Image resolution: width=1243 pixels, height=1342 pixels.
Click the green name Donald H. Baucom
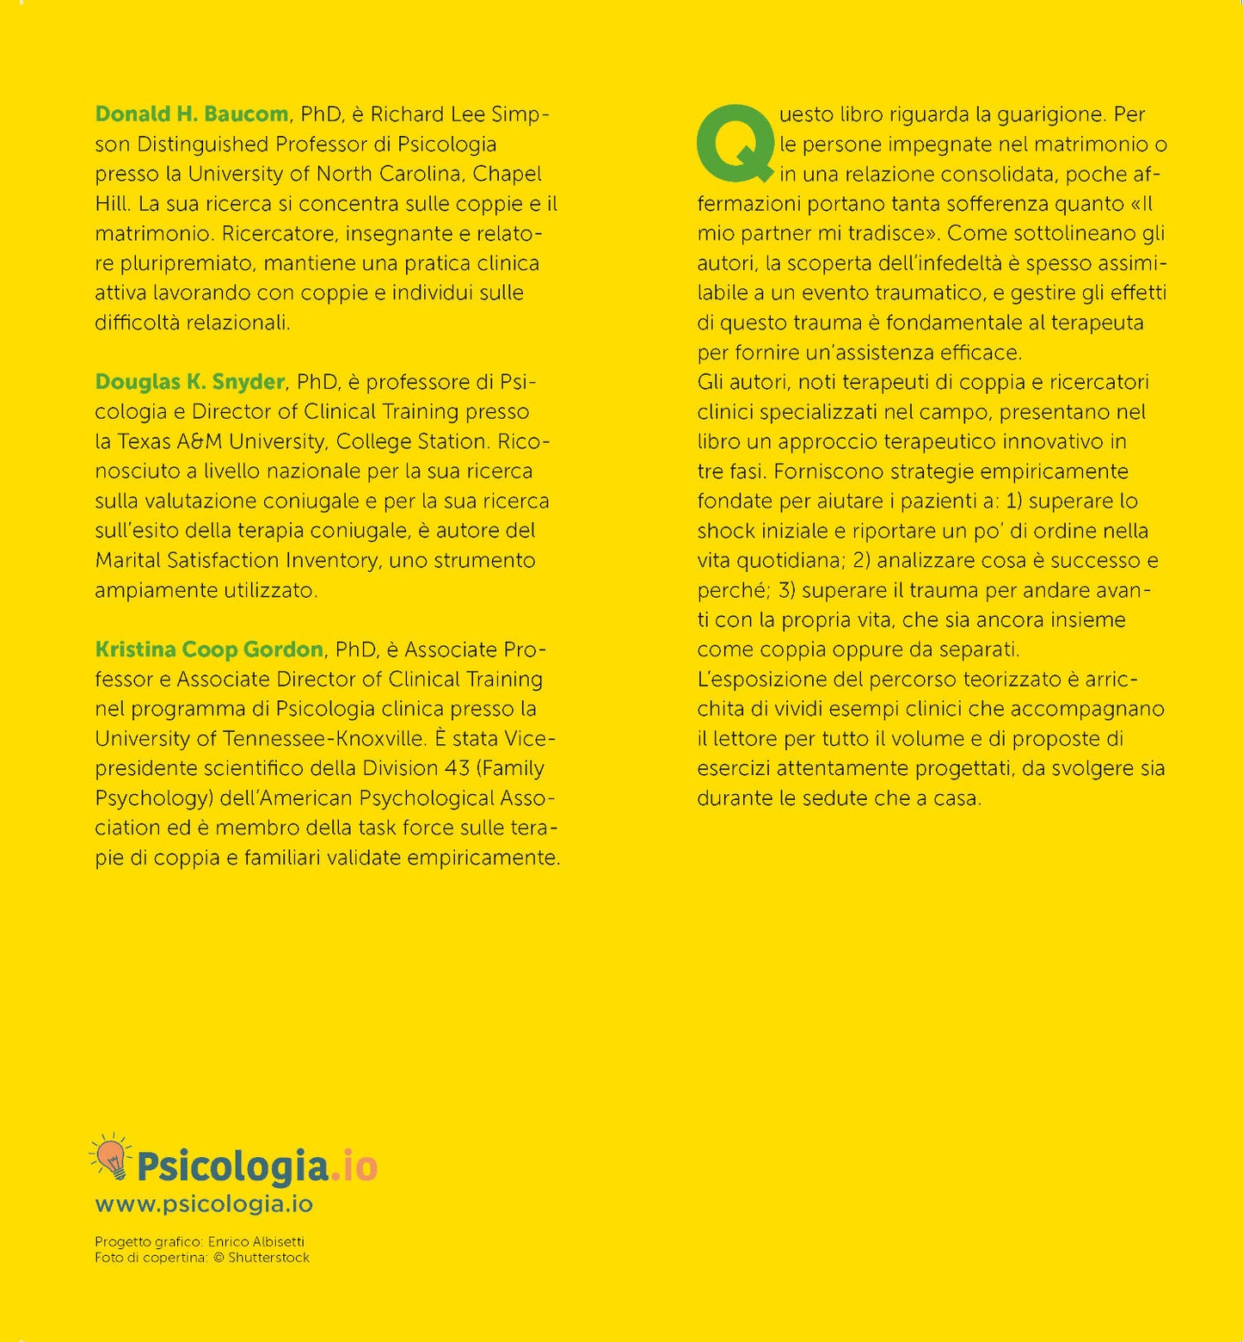tap(191, 114)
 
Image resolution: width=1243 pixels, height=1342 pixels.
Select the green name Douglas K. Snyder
tap(189, 382)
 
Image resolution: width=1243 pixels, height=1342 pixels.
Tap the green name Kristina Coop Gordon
tap(209, 649)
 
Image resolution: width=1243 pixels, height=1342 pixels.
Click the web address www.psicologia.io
tap(204, 1204)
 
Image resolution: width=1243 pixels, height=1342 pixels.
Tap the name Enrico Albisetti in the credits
tap(256, 1242)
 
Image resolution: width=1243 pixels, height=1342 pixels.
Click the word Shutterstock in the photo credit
tap(268, 1258)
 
